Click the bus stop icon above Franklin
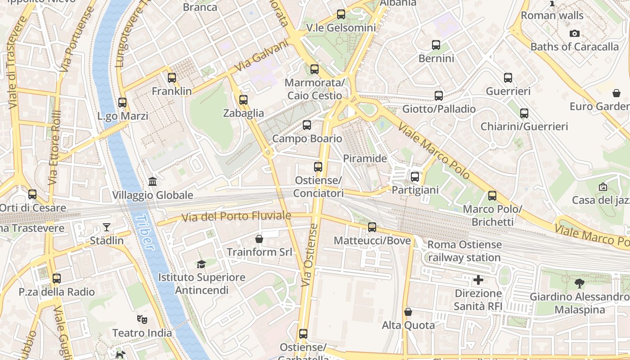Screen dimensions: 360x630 click(x=171, y=78)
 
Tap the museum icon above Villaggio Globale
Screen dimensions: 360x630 click(x=153, y=182)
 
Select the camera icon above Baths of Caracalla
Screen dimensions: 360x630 click(x=574, y=33)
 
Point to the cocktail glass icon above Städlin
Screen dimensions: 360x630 click(x=107, y=227)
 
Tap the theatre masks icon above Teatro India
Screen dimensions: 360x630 click(x=142, y=319)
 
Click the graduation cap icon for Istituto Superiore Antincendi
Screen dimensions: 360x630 click(x=201, y=264)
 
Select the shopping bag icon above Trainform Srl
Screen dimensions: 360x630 click(x=259, y=238)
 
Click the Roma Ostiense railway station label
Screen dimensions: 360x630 click(x=464, y=251)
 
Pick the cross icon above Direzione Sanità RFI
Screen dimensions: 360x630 click(x=478, y=280)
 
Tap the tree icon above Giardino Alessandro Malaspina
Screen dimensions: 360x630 click(x=579, y=283)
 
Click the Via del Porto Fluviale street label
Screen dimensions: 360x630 click(x=236, y=216)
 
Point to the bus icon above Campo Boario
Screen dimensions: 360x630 click(x=307, y=125)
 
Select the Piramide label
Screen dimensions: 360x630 click(x=365, y=158)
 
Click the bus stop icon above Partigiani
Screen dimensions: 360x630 click(x=415, y=177)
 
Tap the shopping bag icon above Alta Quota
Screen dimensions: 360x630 click(x=408, y=312)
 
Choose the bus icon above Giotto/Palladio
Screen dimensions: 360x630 click(x=439, y=95)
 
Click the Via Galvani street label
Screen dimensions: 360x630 click(x=261, y=56)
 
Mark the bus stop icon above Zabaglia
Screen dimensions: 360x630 click(x=243, y=100)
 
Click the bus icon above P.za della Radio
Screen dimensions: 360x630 click(x=57, y=279)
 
